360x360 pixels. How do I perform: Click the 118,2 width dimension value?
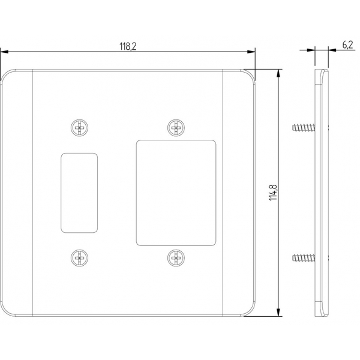pos(128,46)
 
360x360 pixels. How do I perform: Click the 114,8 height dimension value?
pos(273,193)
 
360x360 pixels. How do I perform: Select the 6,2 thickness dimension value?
pos(347,45)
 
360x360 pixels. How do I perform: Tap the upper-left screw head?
pos(79,128)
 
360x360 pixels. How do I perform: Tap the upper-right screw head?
pos(176,128)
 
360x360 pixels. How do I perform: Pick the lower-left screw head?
pos(79,258)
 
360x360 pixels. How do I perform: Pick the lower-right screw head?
pos(176,258)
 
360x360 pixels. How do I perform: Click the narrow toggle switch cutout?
pos(79,193)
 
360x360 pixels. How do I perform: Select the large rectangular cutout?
pos(176,193)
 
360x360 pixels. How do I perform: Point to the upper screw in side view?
pos(304,128)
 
